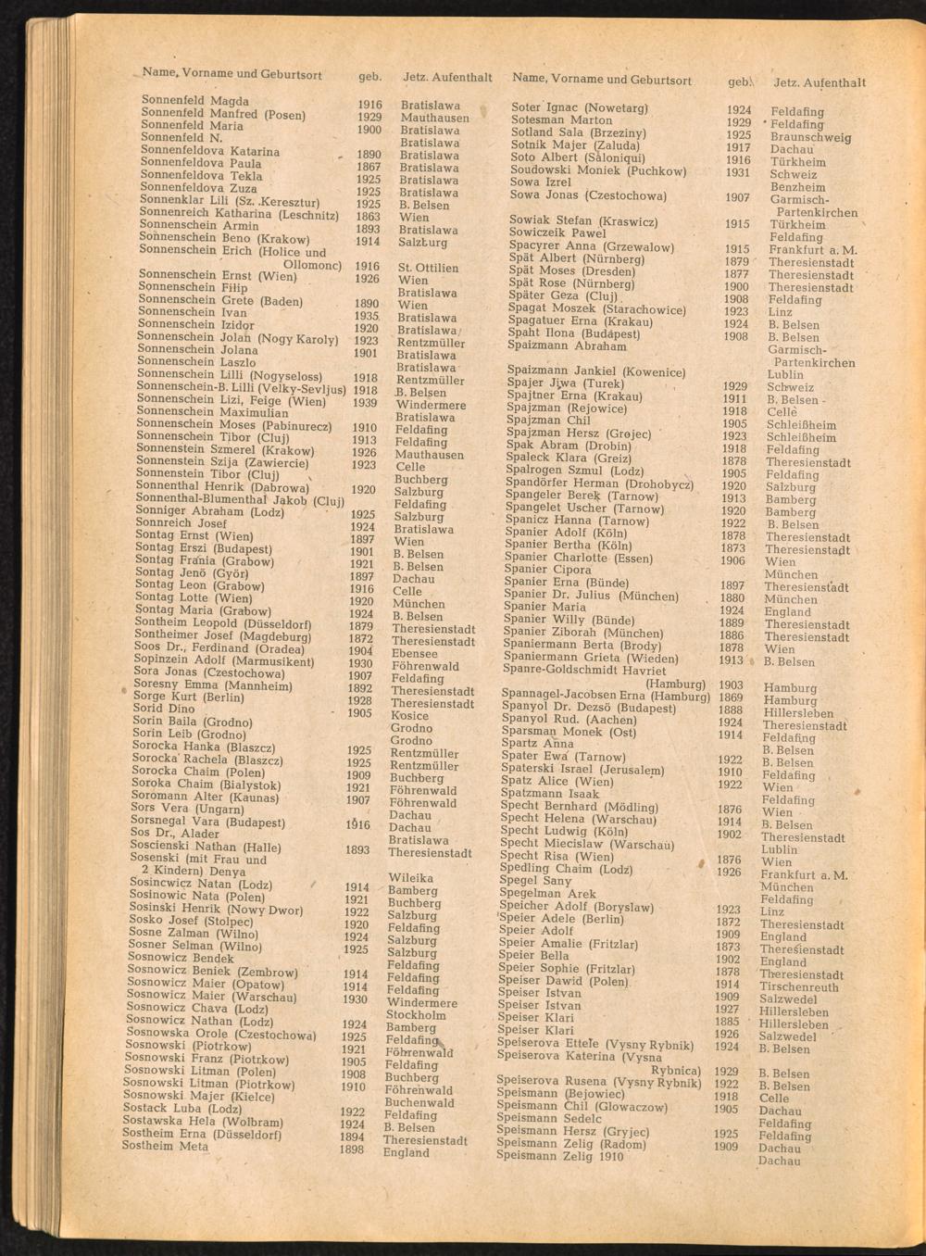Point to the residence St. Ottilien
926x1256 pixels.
coord(428,268)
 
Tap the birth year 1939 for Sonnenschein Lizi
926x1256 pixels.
coord(364,403)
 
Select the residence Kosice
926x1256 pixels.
coord(409,716)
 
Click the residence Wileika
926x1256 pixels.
coord(411,877)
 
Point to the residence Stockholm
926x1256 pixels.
coord(416,1015)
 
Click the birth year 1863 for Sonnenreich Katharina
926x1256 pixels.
coord(368,217)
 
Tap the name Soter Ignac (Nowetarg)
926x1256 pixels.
coord(580,108)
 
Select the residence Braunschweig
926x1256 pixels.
coord(810,137)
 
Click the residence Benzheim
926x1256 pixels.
coord(797,187)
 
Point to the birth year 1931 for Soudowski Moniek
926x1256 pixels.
coord(738,172)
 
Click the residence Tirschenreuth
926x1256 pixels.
coord(798,987)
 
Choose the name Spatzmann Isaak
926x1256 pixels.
coord(549,794)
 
